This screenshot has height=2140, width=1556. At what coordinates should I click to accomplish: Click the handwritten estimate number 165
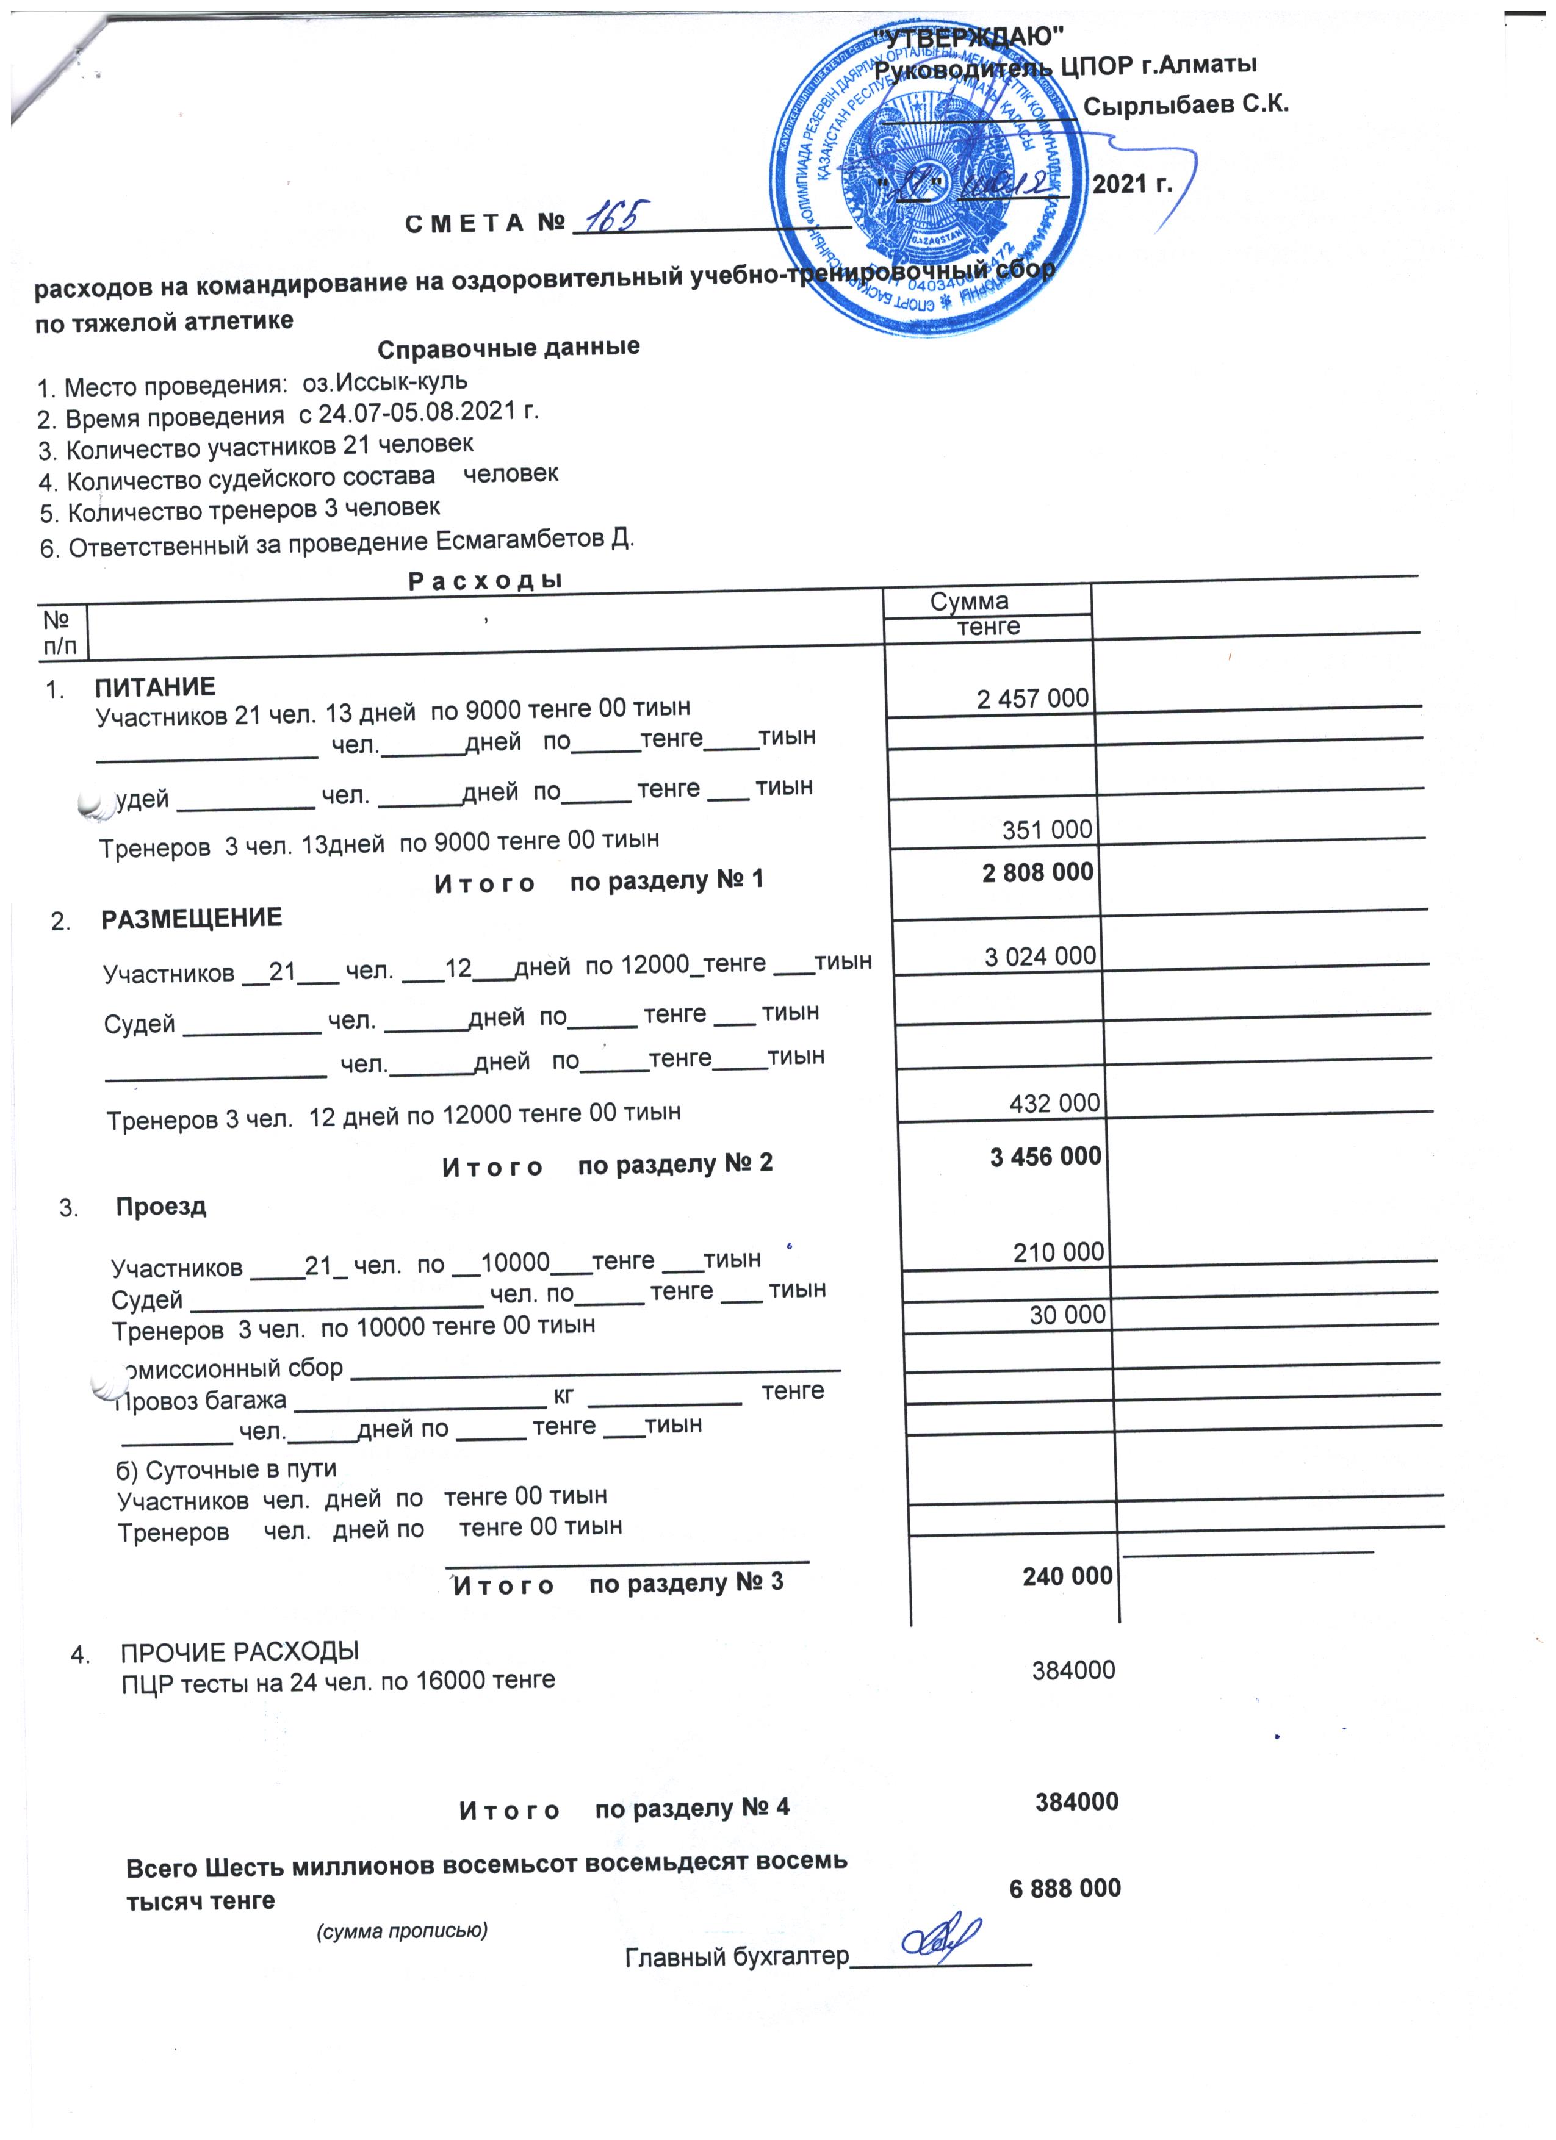pos(613,220)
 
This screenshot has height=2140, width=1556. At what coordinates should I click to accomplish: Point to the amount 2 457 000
pos(1032,698)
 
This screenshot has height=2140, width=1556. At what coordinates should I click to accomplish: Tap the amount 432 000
pos(1054,1103)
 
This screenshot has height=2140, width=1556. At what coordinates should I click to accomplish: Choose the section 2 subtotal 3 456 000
pos(1045,1156)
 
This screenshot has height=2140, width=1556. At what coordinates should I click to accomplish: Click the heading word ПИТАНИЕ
pos(155,687)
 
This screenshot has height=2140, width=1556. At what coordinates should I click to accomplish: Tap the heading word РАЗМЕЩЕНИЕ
pos(192,918)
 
